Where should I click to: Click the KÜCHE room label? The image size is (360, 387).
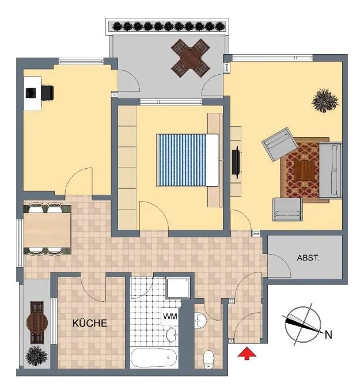[x=90, y=323]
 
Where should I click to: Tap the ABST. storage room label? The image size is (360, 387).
[x=308, y=258]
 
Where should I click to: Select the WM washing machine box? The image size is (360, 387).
[x=170, y=316]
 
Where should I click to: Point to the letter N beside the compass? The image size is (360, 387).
[x=328, y=335]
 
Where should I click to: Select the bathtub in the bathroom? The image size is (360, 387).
[x=154, y=358]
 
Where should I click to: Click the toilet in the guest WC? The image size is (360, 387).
[x=209, y=359]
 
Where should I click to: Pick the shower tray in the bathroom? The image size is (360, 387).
[x=178, y=288]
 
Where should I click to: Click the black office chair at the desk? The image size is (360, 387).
[x=47, y=93]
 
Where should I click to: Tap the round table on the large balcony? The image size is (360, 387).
[x=191, y=59]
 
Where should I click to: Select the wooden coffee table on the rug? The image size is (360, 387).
[x=305, y=170]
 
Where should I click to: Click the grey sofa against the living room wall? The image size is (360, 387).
[x=331, y=170]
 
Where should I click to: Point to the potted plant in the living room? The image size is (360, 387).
[x=325, y=100]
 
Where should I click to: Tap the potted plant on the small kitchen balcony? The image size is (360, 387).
[x=36, y=356]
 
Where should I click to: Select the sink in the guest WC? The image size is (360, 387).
[x=200, y=320]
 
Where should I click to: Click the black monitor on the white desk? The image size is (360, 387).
[x=31, y=93]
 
